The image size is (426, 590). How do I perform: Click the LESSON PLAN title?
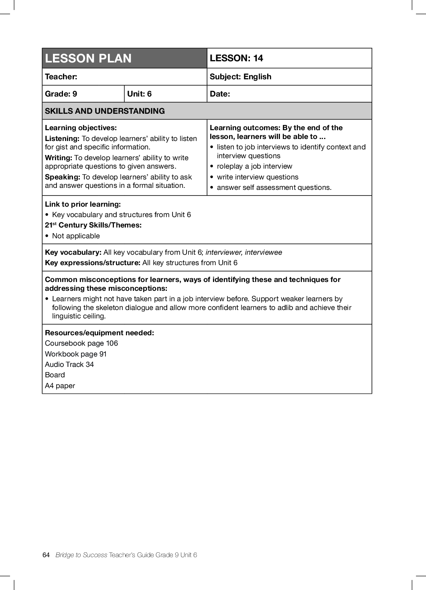click(88, 58)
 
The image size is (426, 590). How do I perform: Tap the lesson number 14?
click(258, 58)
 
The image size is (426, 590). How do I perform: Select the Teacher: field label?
click(61, 77)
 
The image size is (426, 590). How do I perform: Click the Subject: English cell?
click(240, 77)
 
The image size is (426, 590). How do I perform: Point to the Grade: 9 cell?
click(61, 94)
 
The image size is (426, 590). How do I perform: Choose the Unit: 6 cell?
click(139, 94)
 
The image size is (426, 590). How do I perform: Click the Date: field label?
click(220, 94)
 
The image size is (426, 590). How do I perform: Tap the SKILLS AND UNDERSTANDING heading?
click(105, 111)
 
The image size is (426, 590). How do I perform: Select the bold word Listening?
click(62, 139)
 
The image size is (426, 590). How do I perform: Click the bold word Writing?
click(59, 158)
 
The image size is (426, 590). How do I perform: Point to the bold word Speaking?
click(63, 177)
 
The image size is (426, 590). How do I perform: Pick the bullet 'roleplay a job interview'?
click(254, 166)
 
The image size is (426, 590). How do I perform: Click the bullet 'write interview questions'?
click(258, 177)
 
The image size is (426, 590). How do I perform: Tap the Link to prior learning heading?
click(83, 204)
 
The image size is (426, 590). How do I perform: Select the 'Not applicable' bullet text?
click(76, 236)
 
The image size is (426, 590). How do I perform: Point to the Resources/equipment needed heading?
click(99, 333)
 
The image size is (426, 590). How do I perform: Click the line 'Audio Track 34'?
click(69, 364)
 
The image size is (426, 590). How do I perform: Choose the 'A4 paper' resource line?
click(60, 386)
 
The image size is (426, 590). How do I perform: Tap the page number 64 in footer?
click(46, 555)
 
